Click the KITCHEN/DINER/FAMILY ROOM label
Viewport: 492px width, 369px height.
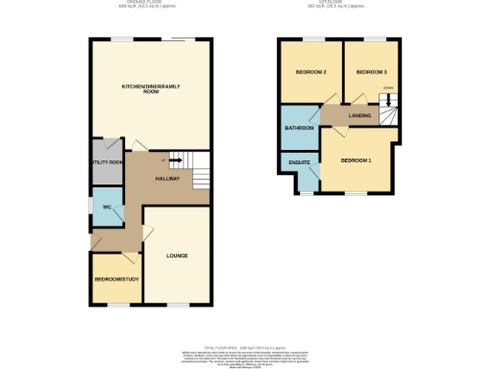[x=150, y=88]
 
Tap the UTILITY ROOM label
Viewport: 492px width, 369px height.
[x=106, y=162]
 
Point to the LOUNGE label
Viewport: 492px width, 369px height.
[x=176, y=256]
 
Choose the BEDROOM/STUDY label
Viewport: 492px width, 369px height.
[x=114, y=280]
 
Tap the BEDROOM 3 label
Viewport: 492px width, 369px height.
[x=371, y=73]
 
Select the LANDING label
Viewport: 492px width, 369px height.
[x=359, y=116]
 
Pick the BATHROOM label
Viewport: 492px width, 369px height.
[x=298, y=128]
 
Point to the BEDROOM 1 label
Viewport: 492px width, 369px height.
[x=356, y=160]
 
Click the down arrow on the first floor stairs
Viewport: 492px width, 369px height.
[x=387, y=103]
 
